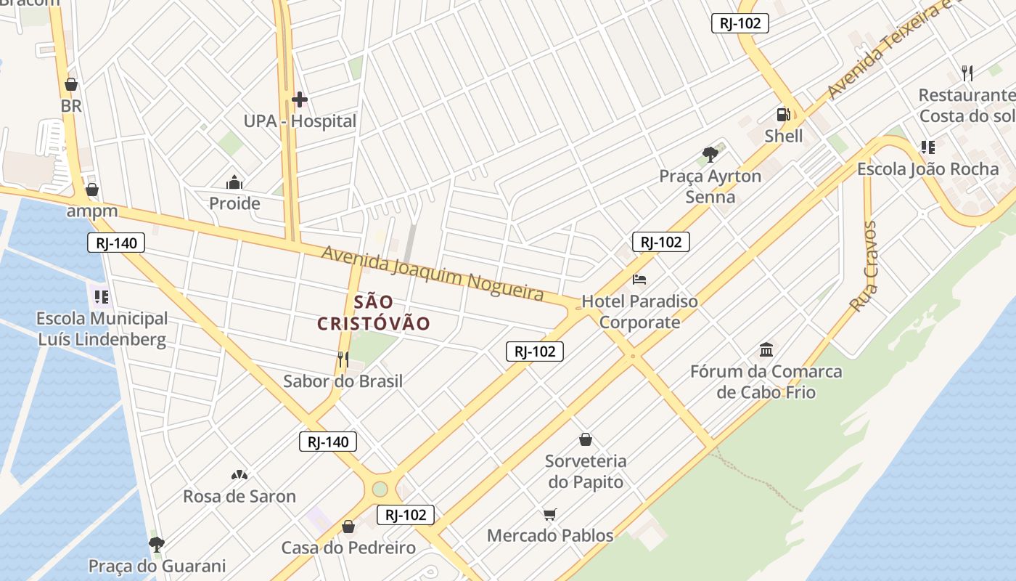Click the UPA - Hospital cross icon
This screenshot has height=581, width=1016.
tap(299, 99)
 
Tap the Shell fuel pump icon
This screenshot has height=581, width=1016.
tap(783, 115)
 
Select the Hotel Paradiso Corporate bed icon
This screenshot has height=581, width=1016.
tap(639, 280)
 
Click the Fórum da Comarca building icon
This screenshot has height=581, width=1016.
tap(766, 350)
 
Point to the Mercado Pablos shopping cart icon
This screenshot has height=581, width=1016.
tap(550, 515)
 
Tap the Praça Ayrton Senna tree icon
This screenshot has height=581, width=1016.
tap(710, 154)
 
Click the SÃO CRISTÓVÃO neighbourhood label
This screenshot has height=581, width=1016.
tap(374, 312)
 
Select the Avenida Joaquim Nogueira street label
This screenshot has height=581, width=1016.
tap(433, 273)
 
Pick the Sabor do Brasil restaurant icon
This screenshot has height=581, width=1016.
tap(343, 359)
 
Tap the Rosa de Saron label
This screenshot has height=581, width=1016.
tap(239, 497)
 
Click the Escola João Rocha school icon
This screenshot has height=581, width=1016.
tap(927, 147)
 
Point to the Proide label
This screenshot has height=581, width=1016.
tap(234, 203)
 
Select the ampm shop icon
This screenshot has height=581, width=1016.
tap(92, 190)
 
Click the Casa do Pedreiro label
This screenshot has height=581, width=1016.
tap(348, 548)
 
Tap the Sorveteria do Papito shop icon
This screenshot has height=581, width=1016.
tap(586, 439)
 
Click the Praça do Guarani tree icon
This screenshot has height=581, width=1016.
tap(156, 544)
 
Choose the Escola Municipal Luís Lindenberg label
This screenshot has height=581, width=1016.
tap(102, 328)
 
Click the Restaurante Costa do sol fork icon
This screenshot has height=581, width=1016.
tap(967, 73)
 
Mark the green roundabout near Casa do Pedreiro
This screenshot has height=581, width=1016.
tap(380, 489)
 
